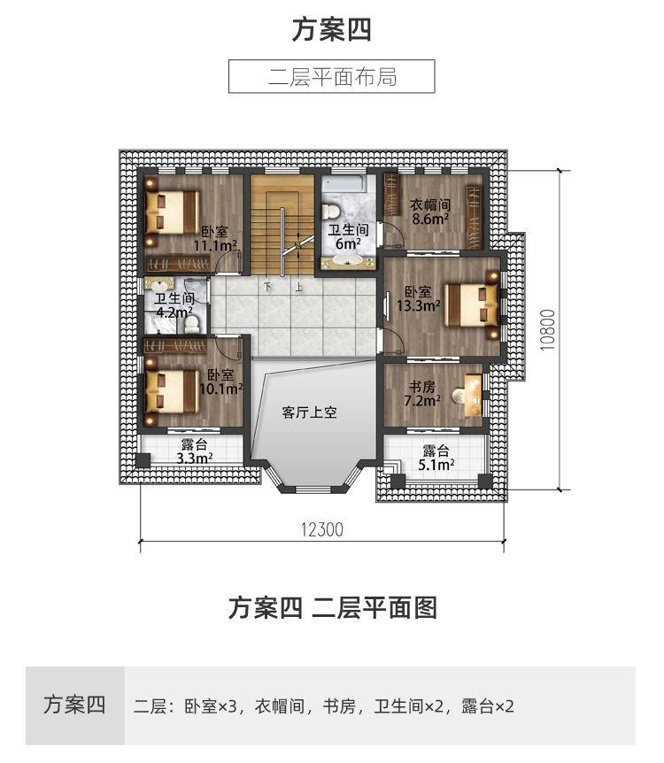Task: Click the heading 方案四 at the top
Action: coord(331,30)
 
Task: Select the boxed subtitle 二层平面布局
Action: coord(331,76)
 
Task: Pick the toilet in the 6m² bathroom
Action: coord(330,211)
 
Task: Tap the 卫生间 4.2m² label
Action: coord(174,305)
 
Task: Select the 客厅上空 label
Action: coord(311,412)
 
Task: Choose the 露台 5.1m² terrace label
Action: coord(436,456)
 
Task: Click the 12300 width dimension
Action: coord(322,530)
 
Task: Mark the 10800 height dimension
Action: coord(546,329)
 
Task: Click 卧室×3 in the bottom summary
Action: coord(212,706)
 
